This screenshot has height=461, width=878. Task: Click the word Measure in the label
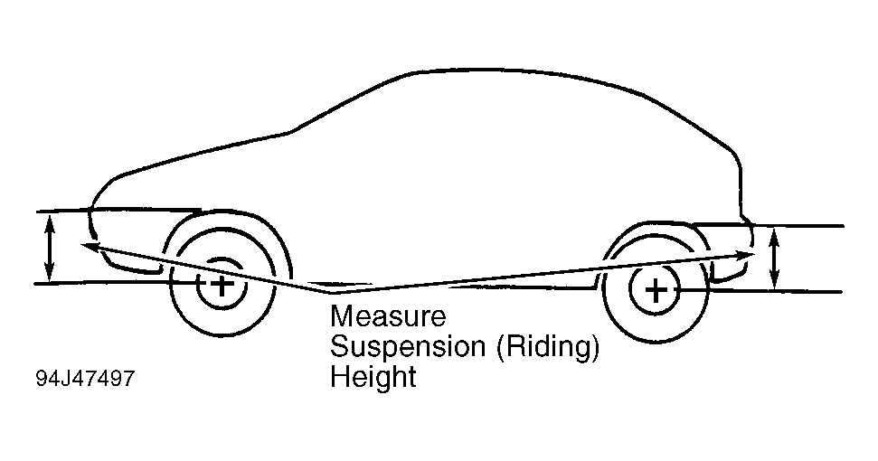pyautogui.click(x=388, y=315)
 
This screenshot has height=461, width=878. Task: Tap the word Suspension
pyautogui.click(x=408, y=346)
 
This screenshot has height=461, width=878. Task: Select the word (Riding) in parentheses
pyautogui.click(x=547, y=347)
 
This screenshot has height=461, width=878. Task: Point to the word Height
pyautogui.click(x=373, y=376)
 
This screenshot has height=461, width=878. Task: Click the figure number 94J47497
pyautogui.click(x=85, y=378)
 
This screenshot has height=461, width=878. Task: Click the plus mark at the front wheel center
pyautogui.click(x=222, y=285)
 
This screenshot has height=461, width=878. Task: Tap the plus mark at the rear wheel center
pyautogui.click(x=655, y=290)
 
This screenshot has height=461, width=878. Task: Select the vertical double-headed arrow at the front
pyautogui.click(x=50, y=249)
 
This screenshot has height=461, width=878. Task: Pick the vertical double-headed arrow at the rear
pyautogui.click(x=774, y=259)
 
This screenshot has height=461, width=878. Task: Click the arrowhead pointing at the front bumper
pyautogui.click(x=90, y=246)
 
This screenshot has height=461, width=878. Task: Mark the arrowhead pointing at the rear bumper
pyautogui.click(x=746, y=255)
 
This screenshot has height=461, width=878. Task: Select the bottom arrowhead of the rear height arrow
pyautogui.click(x=774, y=283)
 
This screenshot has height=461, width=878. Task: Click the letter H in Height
pyautogui.click(x=339, y=376)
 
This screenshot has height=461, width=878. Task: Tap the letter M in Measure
pyautogui.click(x=342, y=315)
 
